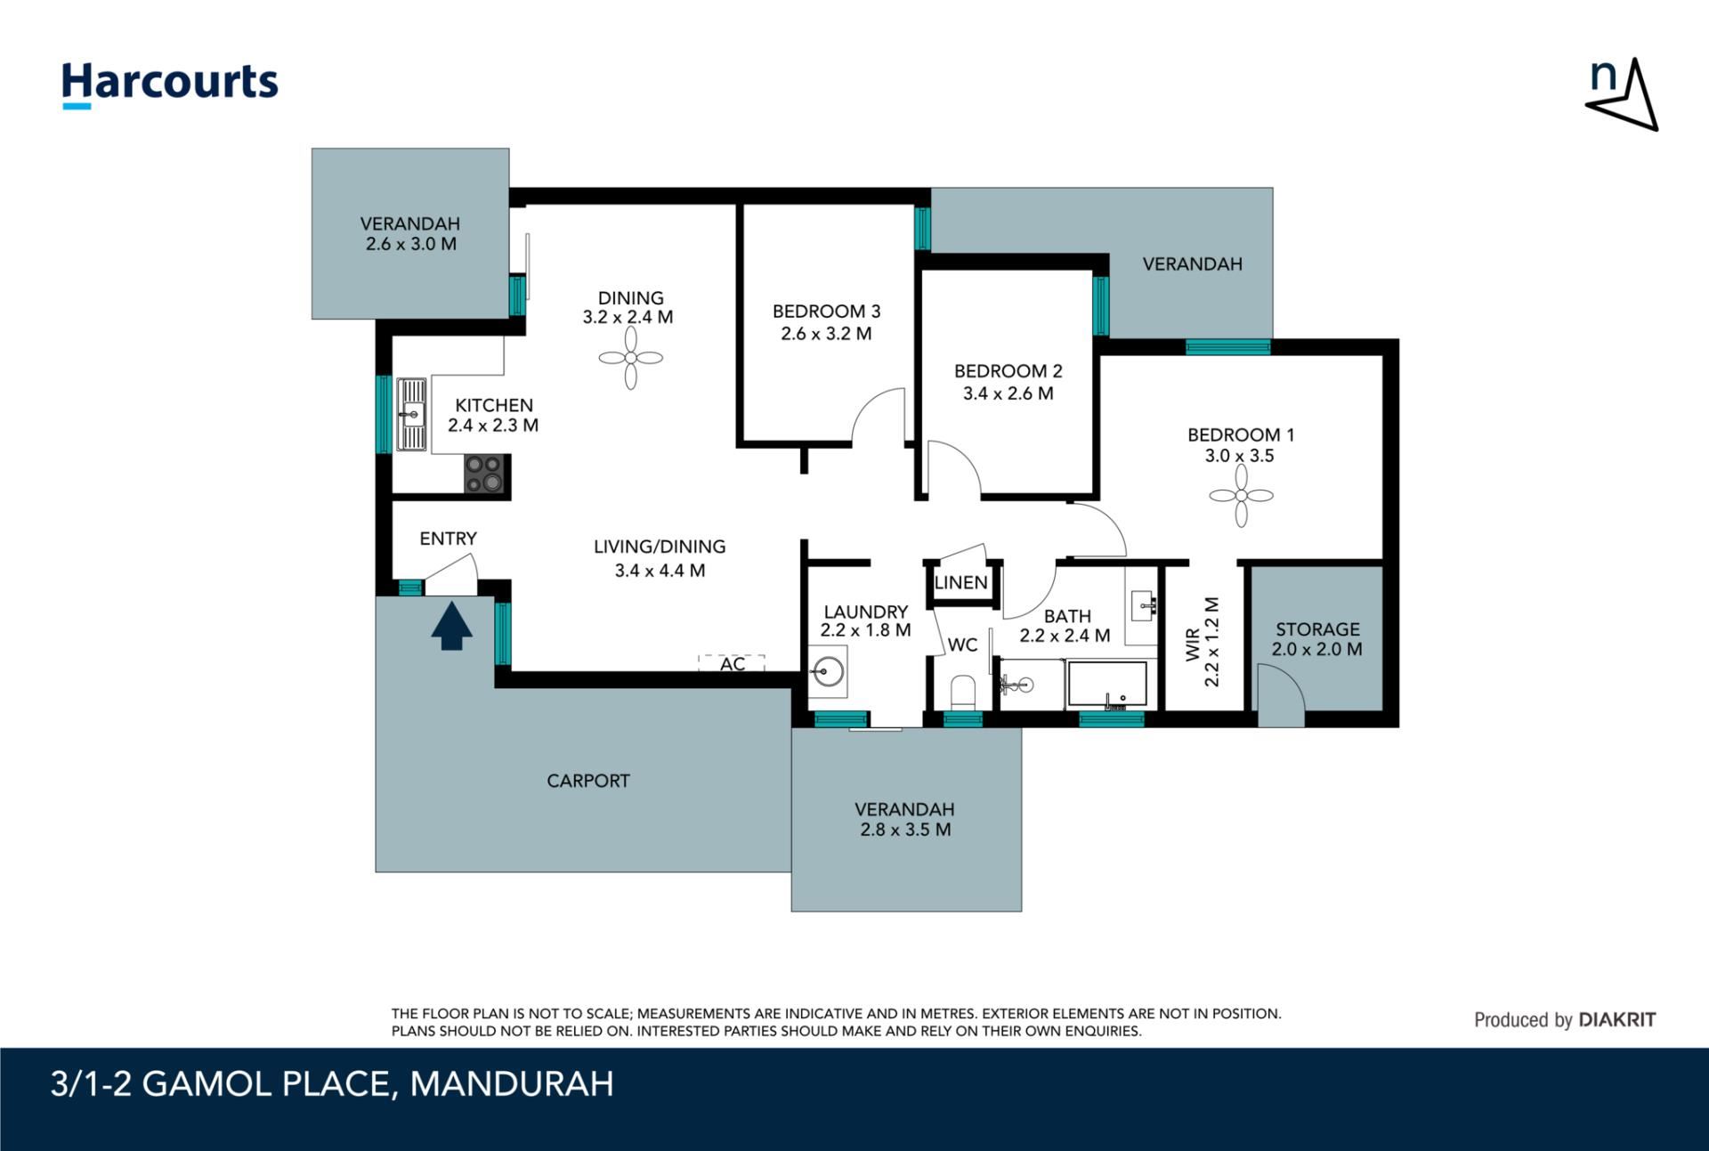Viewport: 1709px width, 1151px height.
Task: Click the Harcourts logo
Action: point(170,85)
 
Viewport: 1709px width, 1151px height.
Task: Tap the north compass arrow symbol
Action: point(1622,96)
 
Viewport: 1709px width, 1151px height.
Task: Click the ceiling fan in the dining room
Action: point(631,358)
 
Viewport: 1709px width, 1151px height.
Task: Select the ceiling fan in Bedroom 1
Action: point(1241,496)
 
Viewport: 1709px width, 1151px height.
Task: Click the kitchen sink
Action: point(411,414)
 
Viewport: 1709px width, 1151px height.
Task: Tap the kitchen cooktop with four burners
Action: point(485,474)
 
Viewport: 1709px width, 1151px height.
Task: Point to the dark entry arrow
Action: point(452,626)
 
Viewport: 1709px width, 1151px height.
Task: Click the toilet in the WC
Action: point(963,692)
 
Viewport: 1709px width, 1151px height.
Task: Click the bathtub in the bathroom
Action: point(1107,685)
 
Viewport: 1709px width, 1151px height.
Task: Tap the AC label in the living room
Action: point(733,664)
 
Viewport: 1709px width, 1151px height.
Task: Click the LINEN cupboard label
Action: point(960,582)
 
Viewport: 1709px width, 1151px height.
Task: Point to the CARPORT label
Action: point(588,781)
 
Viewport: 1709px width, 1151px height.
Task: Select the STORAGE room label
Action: point(1317,628)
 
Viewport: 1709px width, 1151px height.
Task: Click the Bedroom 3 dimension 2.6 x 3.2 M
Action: point(826,334)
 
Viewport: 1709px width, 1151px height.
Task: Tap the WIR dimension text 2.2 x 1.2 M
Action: point(1211,642)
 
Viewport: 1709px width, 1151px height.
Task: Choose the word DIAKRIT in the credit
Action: point(1617,1020)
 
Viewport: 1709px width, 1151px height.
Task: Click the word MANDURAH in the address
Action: point(512,1084)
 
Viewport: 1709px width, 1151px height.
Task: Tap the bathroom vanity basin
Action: point(1141,605)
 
